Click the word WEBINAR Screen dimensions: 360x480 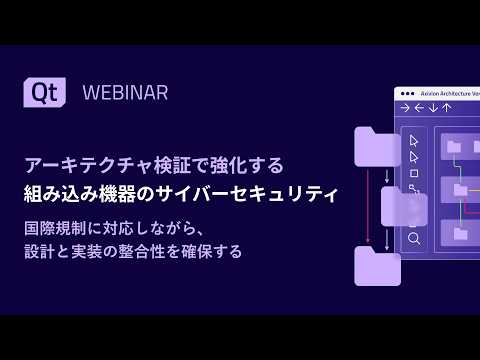[125, 93]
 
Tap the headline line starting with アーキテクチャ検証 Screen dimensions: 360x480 [154, 164]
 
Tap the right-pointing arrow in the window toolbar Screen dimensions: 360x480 [405, 108]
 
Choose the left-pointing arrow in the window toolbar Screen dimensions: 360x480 [419, 108]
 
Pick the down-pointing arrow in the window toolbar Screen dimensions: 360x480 [433, 108]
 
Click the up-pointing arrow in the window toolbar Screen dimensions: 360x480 [447, 108]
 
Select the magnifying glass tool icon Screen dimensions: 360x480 [414, 239]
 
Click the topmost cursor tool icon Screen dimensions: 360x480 [414, 139]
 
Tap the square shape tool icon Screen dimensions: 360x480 [414, 172]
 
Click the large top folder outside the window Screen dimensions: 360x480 [377, 146]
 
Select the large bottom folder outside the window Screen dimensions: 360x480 [377, 266]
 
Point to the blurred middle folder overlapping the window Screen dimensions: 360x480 [403, 207]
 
